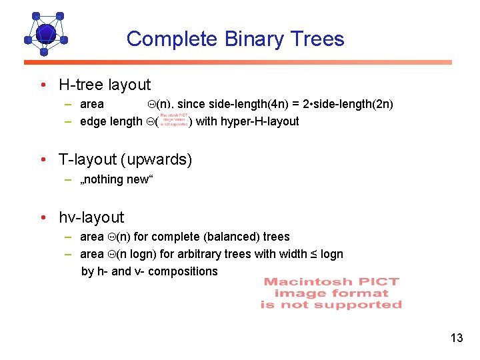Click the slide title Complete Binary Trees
pyautogui.click(x=235, y=39)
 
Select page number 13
pyautogui.click(x=456, y=338)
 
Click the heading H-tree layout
pyautogui.click(x=105, y=85)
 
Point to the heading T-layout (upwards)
pyautogui.click(x=125, y=160)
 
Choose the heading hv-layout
pyautogui.click(x=91, y=217)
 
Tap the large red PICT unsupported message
pyautogui.click(x=331, y=293)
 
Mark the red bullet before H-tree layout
pyautogui.click(x=43, y=85)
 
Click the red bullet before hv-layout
pyautogui.click(x=43, y=218)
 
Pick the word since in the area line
pyautogui.click(x=190, y=104)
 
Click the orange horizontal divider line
pyautogui.click(x=238, y=62)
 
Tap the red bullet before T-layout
pyautogui.click(x=43, y=161)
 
